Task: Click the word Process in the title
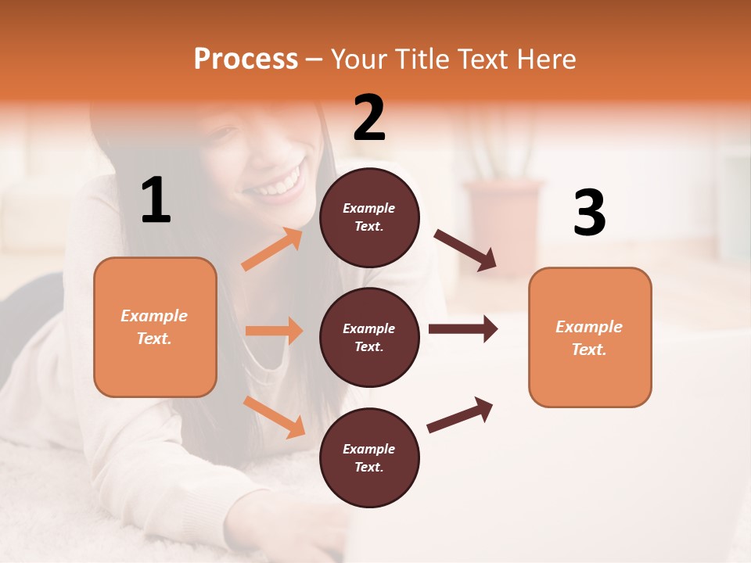[x=246, y=59]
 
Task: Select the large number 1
[x=156, y=201]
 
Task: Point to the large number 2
[x=369, y=118]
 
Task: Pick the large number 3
[x=589, y=213]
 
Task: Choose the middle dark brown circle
[x=369, y=337]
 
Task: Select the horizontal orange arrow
[x=274, y=331]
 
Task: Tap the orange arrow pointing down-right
[x=274, y=417]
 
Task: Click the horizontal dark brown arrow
[x=463, y=328]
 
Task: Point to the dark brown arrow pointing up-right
[x=460, y=414]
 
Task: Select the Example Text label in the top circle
[x=369, y=217]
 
